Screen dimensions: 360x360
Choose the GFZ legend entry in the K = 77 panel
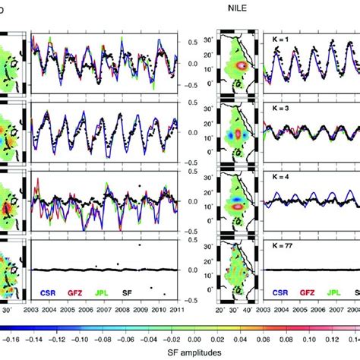pyautogui.click(x=308, y=290)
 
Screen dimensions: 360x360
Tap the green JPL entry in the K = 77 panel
pyautogui.click(x=337, y=290)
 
